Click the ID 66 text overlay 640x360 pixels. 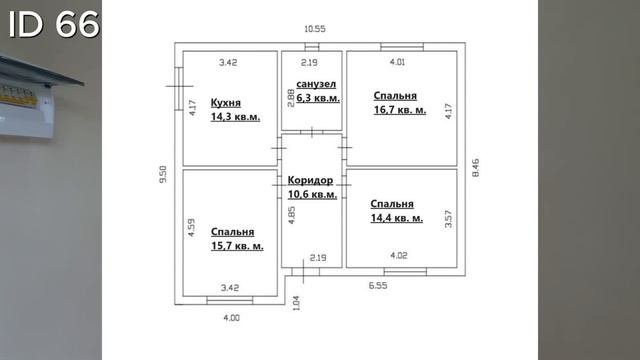(x=53, y=24)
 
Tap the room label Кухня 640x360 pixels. (x=226, y=103)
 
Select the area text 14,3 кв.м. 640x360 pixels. (x=235, y=117)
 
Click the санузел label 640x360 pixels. (x=316, y=84)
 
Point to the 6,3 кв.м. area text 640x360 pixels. (x=318, y=98)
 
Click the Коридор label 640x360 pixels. (x=310, y=180)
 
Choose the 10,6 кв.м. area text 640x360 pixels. (x=312, y=194)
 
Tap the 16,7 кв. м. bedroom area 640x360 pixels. (x=400, y=110)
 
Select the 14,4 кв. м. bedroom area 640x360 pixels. (x=396, y=218)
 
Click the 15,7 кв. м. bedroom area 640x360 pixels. (x=237, y=246)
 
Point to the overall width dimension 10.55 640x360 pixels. (x=315, y=29)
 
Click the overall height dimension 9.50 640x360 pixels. (x=163, y=174)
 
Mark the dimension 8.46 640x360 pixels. (x=476, y=168)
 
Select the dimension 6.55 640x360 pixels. (x=378, y=286)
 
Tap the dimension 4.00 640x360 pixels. (x=231, y=318)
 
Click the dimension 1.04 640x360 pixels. (x=296, y=303)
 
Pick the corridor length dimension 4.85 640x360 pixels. (x=291, y=215)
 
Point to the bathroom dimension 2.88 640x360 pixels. (x=291, y=98)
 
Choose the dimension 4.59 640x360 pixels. (x=191, y=228)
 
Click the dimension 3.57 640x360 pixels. (x=448, y=219)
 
